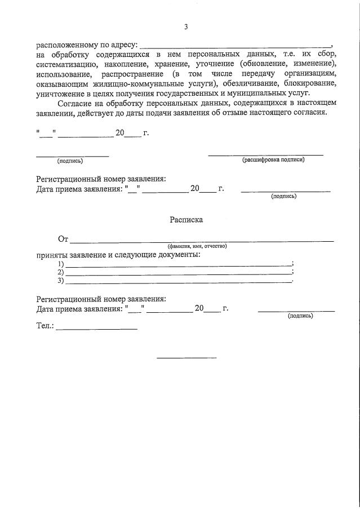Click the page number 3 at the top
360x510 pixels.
click(x=185, y=26)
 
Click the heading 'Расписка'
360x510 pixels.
click(x=186, y=220)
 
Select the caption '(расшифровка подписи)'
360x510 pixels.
click(x=273, y=160)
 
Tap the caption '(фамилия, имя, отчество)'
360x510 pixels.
click(x=197, y=246)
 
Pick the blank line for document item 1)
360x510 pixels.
click(x=179, y=265)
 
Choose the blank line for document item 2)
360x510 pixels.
click(x=179, y=273)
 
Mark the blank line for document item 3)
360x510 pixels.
click(x=179, y=281)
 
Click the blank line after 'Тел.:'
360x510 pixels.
click(x=96, y=329)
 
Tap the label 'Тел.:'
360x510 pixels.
click(x=45, y=326)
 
